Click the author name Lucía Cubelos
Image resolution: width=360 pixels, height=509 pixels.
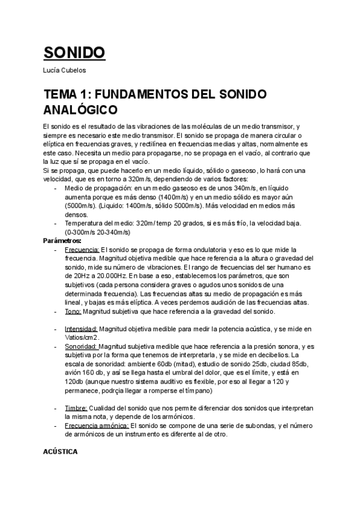[x=65, y=71]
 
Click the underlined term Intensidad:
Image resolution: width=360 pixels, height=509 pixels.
[x=81, y=329]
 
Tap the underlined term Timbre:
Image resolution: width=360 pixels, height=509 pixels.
[x=76, y=408]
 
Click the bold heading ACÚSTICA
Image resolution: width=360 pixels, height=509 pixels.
[x=61, y=451]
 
